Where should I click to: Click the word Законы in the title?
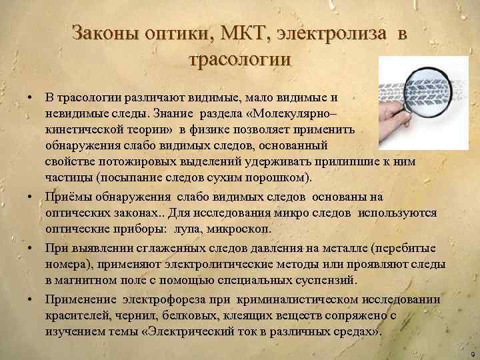tap(100, 33)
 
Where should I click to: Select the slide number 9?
tap(471, 353)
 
